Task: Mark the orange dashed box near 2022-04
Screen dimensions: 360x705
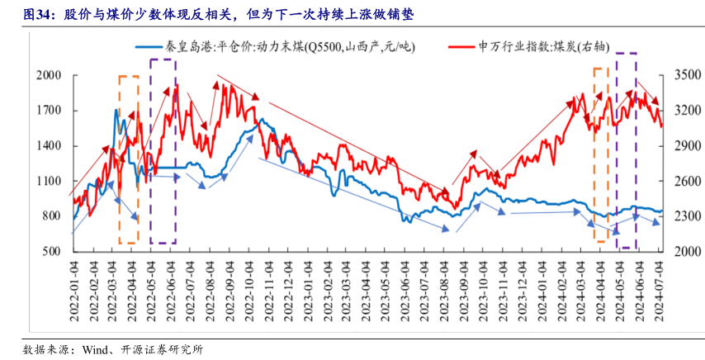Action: [129, 159]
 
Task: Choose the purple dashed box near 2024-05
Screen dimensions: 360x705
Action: [627, 150]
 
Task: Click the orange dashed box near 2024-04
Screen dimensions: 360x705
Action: [601, 155]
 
